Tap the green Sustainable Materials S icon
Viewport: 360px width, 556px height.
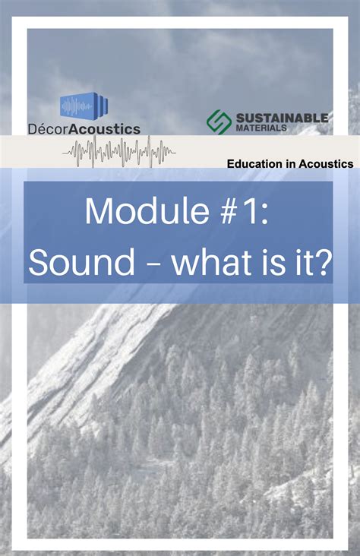219,122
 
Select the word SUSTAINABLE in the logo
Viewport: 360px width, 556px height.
282,118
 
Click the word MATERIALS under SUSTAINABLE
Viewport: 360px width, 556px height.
260,128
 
